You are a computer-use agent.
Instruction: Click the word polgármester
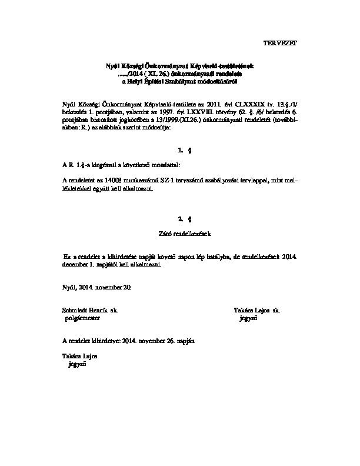tap(83, 318)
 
